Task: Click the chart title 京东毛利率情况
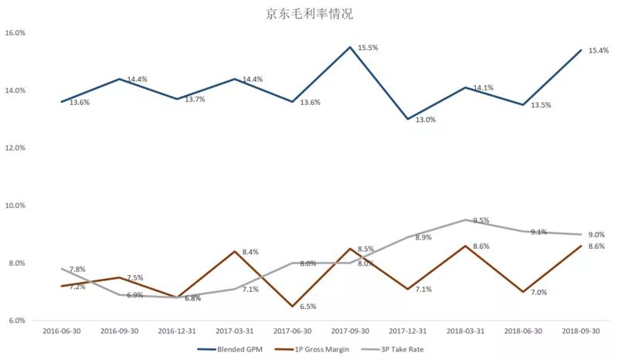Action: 310,13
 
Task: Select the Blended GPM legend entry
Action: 229,349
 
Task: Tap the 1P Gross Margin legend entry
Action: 311,349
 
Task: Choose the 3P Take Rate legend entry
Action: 392,349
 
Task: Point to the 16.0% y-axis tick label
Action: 15,32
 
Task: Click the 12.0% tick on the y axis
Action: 15,148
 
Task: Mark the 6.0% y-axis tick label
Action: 16,321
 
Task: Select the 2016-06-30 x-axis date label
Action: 62,331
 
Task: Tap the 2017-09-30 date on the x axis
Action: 350,331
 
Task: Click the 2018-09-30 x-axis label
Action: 581,331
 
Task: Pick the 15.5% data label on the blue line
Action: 368,48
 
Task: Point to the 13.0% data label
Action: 426,120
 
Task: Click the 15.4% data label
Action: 599,51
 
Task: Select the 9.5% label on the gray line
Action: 480,220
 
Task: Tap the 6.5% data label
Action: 307,307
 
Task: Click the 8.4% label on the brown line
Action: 250,252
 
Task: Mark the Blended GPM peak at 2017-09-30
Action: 350,47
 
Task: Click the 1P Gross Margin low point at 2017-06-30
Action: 293,307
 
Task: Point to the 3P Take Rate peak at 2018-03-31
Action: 466,219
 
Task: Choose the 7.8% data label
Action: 77,270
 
